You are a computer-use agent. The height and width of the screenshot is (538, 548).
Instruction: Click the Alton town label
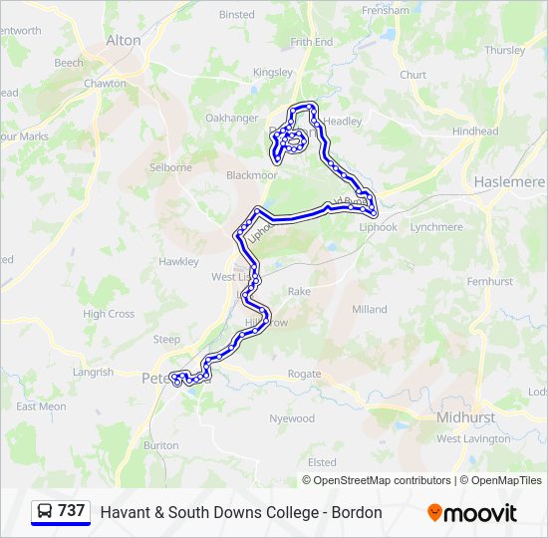(x=124, y=40)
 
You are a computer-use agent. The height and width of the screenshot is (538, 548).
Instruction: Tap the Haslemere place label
(x=508, y=182)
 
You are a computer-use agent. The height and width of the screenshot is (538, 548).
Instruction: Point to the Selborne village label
(x=170, y=167)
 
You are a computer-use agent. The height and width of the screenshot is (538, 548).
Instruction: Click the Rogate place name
(x=304, y=375)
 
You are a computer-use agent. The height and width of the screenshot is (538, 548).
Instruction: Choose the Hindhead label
(x=474, y=132)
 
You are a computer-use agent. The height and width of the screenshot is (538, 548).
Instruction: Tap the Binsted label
(x=237, y=15)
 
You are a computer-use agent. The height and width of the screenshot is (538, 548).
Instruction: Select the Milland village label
(x=369, y=309)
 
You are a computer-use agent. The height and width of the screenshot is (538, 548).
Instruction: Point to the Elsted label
(x=322, y=462)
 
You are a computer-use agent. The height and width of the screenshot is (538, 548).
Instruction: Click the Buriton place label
(x=161, y=445)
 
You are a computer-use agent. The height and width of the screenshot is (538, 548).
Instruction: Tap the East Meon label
(x=41, y=406)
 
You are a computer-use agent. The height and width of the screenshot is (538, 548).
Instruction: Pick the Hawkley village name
(x=179, y=261)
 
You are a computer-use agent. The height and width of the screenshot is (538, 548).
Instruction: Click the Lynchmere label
(x=436, y=227)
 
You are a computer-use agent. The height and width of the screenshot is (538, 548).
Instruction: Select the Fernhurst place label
(x=489, y=282)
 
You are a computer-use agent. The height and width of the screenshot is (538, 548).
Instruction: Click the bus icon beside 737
(x=44, y=512)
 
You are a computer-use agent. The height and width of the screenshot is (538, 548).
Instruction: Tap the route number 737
(x=72, y=511)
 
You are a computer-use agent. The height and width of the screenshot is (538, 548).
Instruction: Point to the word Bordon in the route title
(x=358, y=512)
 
